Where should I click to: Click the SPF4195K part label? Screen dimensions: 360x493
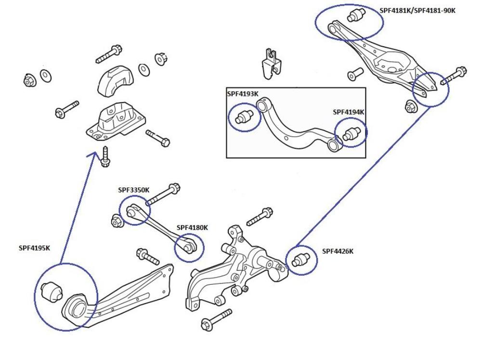34,248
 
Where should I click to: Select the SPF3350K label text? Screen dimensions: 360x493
134,190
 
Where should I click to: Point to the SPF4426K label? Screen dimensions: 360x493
337,251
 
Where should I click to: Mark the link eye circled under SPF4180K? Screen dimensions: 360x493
188,246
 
